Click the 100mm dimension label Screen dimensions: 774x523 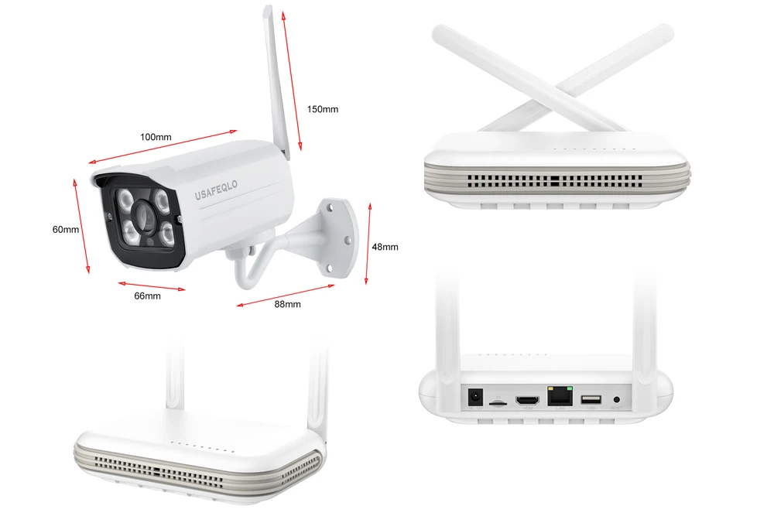pyautogui.click(x=156, y=138)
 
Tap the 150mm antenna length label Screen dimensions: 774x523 pyautogui.click(x=322, y=109)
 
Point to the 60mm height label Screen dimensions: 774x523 pyautogui.click(x=66, y=230)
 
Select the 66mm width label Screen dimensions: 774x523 pyautogui.click(x=147, y=296)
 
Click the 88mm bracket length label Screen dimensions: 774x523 pyautogui.click(x=287, y=304)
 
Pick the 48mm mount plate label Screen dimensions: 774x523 pyautogui.click(x=385, y=247)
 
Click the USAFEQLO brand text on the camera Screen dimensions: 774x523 pyautogui.click(x=219, y=186)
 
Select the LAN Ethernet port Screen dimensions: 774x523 pyautogui.click(x=559, y=397)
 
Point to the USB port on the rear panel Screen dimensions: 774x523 pyautogui.click(x=589, y=400)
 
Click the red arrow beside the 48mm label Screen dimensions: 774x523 pyautogui.click(x=368, y=244)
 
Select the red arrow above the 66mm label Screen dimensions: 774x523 pyautogui.click(x=151, y=285)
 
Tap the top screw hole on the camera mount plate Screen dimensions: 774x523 pyautogui.click(x=331, y=207)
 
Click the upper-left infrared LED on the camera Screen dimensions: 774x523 pyautogui.click(x=123, y=203)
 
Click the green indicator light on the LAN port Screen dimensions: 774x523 pyautogui.click(x=569, y=388)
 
